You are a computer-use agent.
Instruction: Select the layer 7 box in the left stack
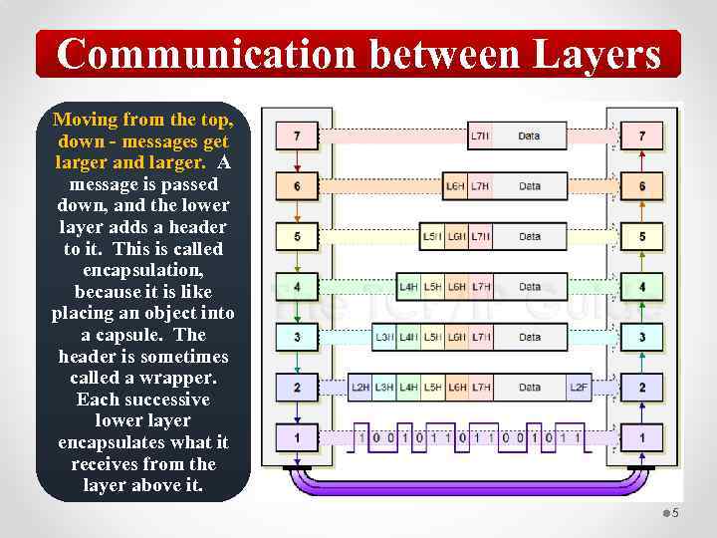pos(297,134)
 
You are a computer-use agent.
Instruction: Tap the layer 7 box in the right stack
pos(642,134)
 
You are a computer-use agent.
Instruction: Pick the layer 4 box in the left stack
pos(297,287)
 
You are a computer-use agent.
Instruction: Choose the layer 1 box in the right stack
pos(642,436)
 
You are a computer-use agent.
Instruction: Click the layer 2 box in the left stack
pos(297,387)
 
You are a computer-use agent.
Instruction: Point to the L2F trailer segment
pos(579,387)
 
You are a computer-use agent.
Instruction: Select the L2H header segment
pos(360,387)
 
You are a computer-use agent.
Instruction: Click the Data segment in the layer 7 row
pos(530,134)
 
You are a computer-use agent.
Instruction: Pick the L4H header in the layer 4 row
pos(408,287)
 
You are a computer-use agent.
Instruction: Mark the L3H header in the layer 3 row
pos(384,337)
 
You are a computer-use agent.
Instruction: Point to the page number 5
pos(675,513)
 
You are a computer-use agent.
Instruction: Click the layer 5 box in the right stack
pos(642,236)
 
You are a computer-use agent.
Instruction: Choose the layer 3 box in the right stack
pos(642,337)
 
